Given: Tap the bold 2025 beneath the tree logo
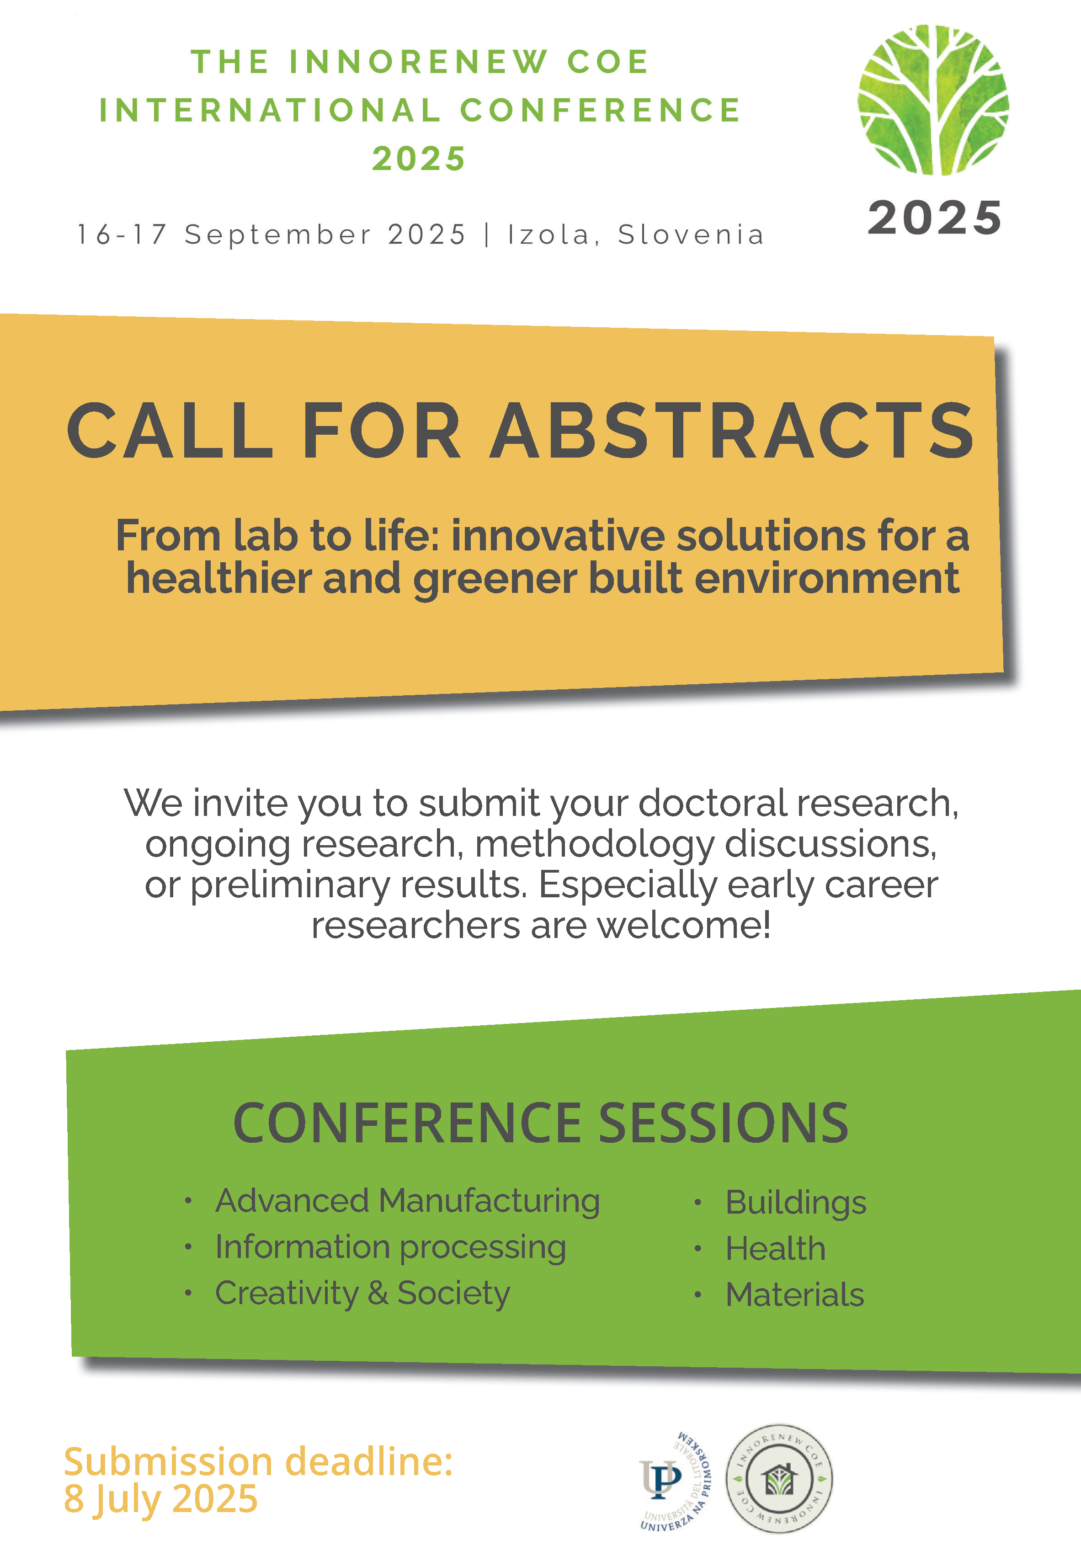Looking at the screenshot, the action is click(x=935, y=218).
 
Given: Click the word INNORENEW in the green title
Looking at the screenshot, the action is click(x=418, y=62).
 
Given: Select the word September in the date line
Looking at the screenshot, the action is click(x=278, y=235).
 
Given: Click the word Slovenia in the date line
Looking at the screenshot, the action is click(x=691, y=234).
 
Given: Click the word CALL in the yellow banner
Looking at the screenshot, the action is click(x=169, y=430).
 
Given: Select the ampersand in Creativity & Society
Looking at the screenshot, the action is click(x=378, y=1293).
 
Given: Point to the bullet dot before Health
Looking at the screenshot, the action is click(x=697, y=1248).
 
